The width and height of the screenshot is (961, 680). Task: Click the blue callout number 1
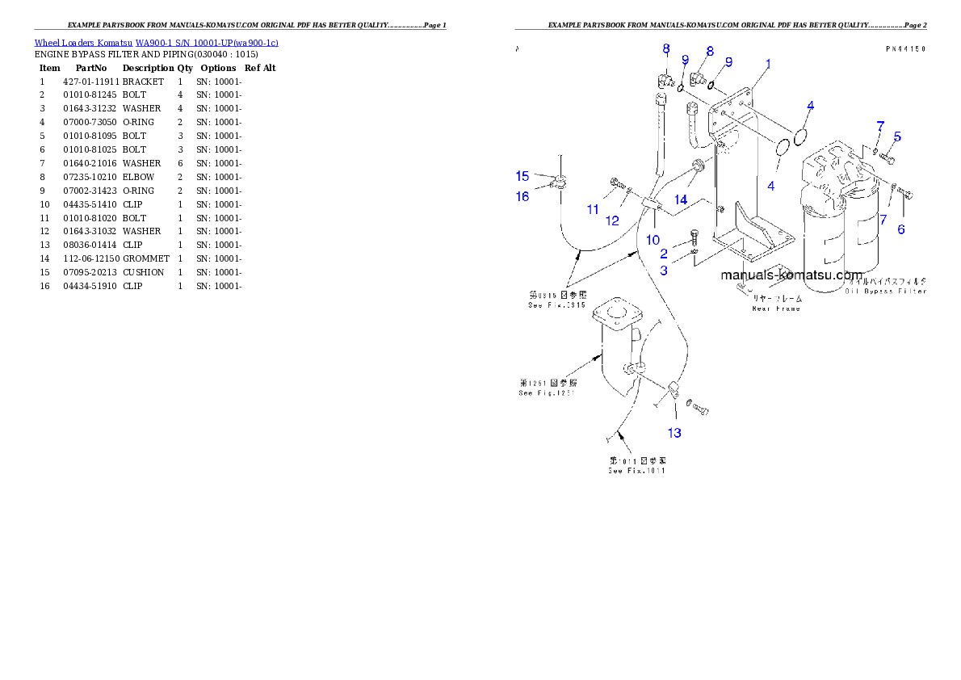click(x=768, y=63)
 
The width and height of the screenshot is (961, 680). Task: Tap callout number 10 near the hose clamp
click(x=653, y=240)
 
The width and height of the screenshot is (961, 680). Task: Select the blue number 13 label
click(x=674, y=433)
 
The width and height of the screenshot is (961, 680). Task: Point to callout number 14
click(x=681, y=199)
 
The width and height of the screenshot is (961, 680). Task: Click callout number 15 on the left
click(x=522, y=176)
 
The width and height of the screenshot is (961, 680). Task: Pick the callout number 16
click(x=522, y=196)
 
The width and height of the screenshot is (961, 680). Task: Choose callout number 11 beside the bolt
click(x=593, y=209)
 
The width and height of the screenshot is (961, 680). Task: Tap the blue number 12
click(x=613, y=220)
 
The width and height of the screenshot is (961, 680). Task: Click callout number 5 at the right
click(x=897, y=136)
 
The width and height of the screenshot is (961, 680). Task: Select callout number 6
click(x=901, y=229)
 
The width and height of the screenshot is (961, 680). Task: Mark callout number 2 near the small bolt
click(x=664, y=254)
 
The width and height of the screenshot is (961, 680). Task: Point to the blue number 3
click(x=664, y=271)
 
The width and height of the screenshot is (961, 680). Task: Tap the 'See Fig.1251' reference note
click(x=546, y=393)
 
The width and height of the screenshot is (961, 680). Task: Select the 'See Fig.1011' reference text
click(x=636, y=471)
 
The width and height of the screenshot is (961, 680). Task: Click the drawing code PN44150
click(x=904, y=49)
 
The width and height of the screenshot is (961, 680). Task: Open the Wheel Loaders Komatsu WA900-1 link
click(x=156, y=43)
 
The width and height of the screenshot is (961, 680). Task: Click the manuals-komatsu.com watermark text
click(x=791, y=275)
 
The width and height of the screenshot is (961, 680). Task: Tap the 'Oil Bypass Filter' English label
click(x=885, y=291)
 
